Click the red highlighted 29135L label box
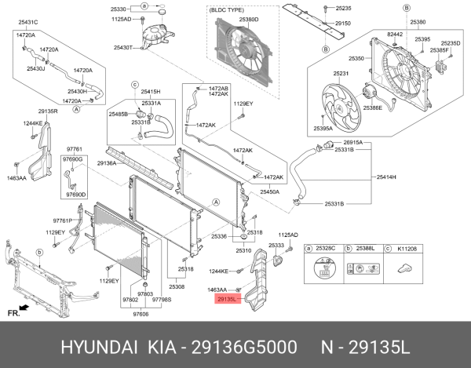click(x=226, y=299)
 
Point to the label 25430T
click(x=123, y=48)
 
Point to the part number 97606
click(x=141, y=313)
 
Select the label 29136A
click(x=107, y=162)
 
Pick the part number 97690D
click(x=76, y=194)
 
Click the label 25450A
click(x=271, y=191)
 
